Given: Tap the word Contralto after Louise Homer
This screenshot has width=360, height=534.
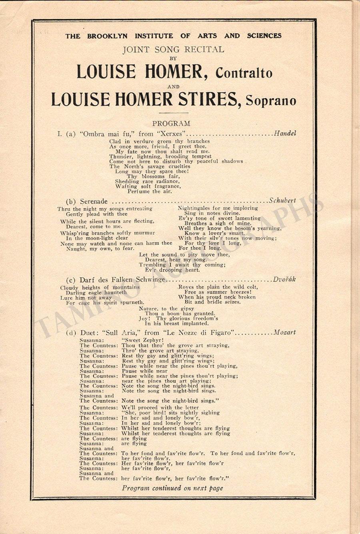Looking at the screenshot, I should click(x=244, y=73).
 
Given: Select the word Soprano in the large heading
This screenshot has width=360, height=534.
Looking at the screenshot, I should click(x=271, y=100).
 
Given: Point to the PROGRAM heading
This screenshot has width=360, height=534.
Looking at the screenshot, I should click(x=171, y=124).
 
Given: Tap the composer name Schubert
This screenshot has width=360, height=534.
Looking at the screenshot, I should click(x=282, y=201).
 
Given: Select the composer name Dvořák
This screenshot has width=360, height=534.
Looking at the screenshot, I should click(x=284, y=279).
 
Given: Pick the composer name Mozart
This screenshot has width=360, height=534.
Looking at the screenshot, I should click(x=284, y=332).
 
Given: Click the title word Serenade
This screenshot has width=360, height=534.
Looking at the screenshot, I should click(x=94, y=201).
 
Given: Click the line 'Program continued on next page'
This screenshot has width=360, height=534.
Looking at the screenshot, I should click(x=172, y=488).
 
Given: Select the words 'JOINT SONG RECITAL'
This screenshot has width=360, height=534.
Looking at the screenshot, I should click(x=173, y=50).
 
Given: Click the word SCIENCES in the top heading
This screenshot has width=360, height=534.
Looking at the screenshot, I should click(x=264, y=36).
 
